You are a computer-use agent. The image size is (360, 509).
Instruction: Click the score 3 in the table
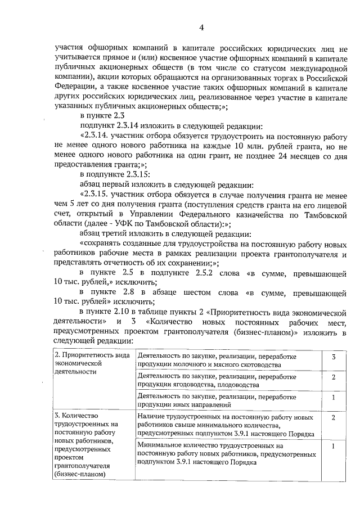pos(334,358)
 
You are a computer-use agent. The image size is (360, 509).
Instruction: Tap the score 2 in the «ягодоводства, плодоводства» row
pos(334,377)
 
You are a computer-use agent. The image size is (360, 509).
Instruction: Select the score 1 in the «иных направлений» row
pos(334,397)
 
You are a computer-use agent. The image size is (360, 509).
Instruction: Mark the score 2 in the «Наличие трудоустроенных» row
pos(334,418)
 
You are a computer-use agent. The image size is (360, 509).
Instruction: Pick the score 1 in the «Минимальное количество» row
pos(334,445)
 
